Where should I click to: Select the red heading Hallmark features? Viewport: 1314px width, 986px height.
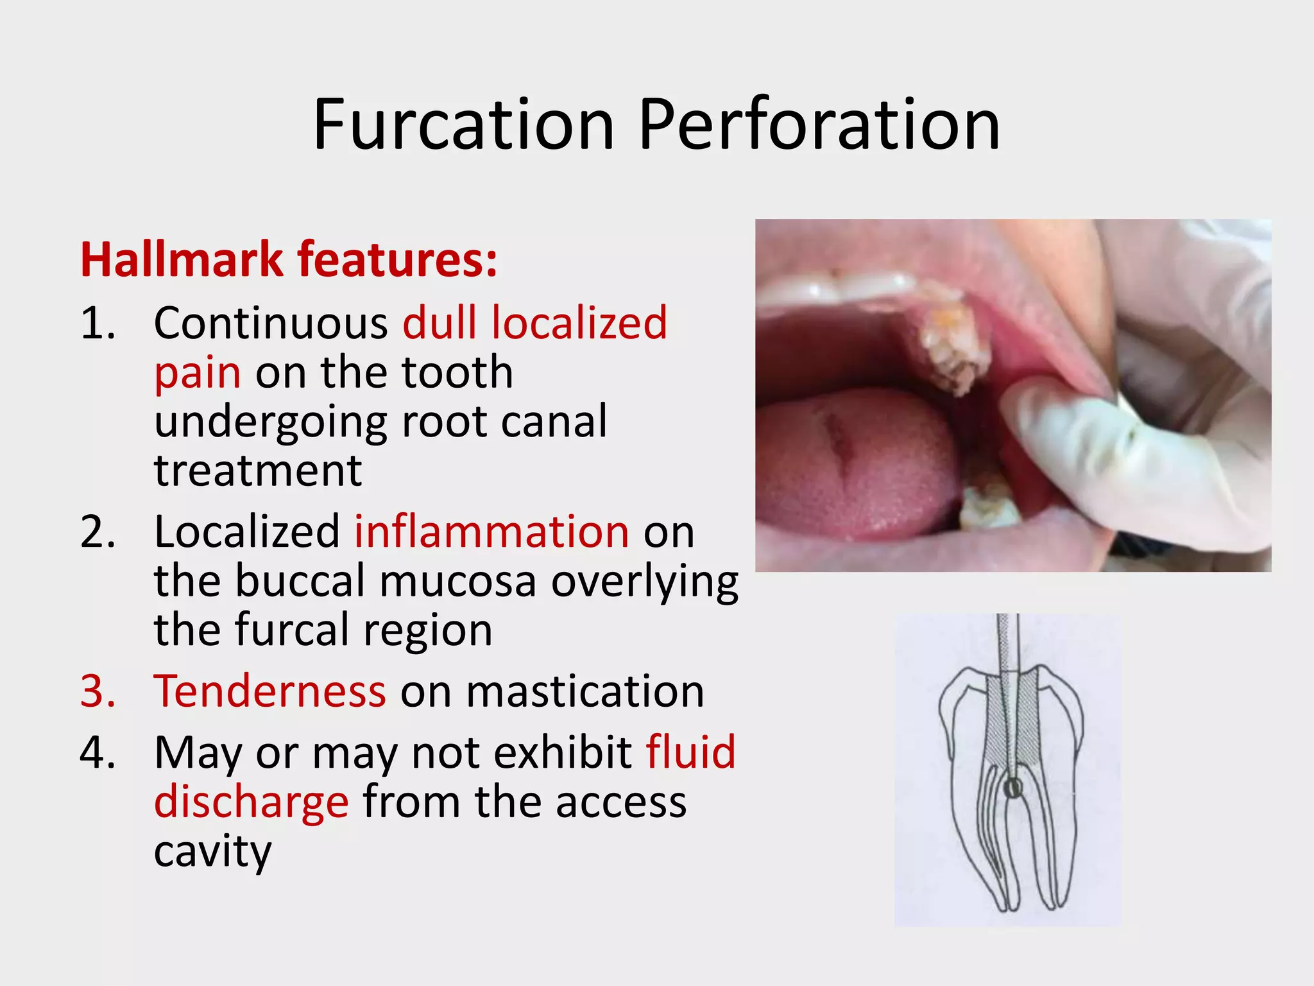(289, 259)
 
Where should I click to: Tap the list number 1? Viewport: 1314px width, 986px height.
(98, 322)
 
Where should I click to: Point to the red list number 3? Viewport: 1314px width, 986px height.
(98, 691)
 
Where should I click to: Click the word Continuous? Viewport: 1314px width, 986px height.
(271, 322)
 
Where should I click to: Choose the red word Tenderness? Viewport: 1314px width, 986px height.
(270, 691)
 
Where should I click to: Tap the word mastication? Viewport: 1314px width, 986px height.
(584, 691)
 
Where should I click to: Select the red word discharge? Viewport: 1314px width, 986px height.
(252, 802)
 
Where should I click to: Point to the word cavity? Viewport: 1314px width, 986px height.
(213, 852)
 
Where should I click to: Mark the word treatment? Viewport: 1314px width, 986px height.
(258, 471)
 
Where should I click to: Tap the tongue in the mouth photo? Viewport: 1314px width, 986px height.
(853, 462)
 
